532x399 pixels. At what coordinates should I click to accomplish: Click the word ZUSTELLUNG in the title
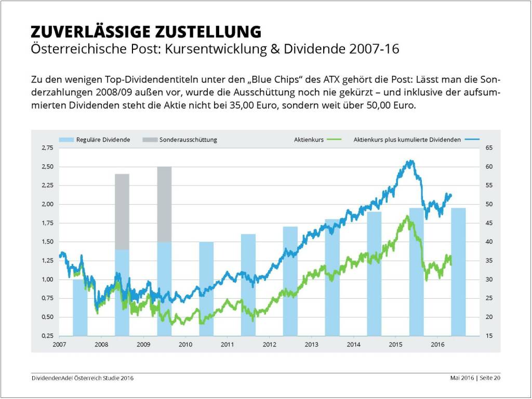[208, 31]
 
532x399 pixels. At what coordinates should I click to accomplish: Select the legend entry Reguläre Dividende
[103, 140]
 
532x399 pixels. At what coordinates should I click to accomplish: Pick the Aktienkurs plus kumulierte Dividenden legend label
[407, 140]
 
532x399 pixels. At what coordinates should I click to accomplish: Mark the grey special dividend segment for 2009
[164, 204]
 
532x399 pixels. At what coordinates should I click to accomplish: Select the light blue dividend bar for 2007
[80, 308]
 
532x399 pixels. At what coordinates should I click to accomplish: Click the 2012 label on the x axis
[269, 344]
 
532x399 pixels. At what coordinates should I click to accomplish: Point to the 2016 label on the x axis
[437, 344]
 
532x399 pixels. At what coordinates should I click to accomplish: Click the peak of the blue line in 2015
[410, 161]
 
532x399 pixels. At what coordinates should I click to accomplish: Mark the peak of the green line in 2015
[407, 216]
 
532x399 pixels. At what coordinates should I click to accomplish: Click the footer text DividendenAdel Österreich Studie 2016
[82, 378]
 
